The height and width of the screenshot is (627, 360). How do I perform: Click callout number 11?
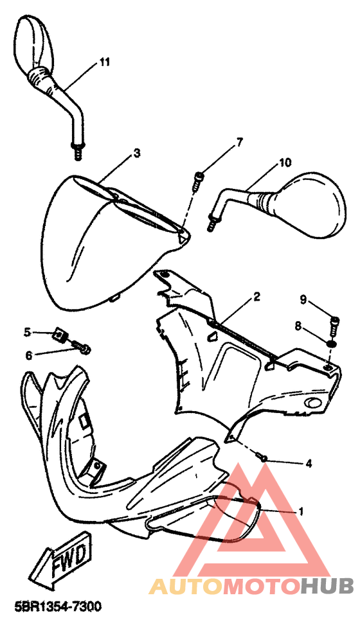coord(104,62)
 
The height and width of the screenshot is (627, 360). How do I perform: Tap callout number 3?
coord(137,152)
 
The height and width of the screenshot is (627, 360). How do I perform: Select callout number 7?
coord(239,142)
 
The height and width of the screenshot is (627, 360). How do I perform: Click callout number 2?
coord(256,296)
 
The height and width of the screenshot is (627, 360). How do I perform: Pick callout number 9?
coord(303,299)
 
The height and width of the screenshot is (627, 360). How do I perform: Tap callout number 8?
coord(298,326)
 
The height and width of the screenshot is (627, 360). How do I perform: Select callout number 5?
coord(27,332)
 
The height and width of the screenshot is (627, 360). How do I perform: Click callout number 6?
coord(29,355)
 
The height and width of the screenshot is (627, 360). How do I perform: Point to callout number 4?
coord(309,463)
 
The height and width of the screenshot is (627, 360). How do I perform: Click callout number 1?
coord(300,511)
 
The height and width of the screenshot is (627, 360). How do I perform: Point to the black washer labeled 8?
coord(331,344)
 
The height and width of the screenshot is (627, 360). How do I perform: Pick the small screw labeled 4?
coord(262,456)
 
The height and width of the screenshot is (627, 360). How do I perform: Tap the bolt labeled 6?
coord(82,347)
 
